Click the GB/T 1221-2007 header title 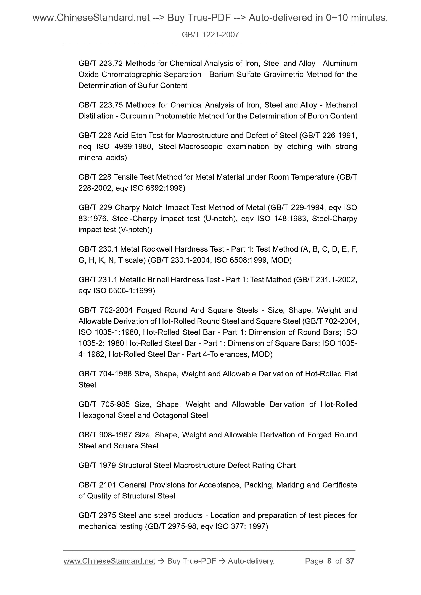[210, 35]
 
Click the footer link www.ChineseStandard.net [109, 561]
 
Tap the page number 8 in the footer [329, 561]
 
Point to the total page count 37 [350, 561]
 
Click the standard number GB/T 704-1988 [105, 374]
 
